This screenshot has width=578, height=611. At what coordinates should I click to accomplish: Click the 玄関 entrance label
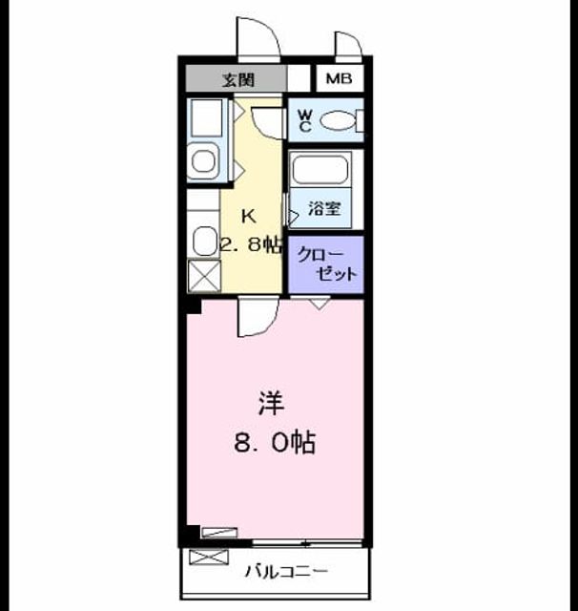238,80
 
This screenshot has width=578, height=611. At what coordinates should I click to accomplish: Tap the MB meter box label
339,78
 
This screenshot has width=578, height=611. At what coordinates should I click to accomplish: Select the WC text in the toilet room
305,120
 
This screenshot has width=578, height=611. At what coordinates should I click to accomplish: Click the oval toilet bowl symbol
338,120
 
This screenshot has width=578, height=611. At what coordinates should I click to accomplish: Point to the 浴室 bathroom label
324,208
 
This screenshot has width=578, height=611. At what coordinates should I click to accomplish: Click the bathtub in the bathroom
320,170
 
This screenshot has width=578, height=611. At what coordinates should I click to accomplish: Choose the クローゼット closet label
326,264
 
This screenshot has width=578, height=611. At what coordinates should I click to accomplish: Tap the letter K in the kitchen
249,217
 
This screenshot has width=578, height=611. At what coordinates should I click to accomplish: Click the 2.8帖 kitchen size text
251,244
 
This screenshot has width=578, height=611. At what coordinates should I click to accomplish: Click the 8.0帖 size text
275,442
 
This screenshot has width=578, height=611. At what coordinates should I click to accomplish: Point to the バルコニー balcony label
286,572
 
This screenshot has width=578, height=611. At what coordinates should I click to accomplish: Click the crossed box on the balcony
209,557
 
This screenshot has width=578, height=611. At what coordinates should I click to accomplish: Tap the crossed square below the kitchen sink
204,276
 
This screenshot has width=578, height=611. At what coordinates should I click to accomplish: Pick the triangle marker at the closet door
320,305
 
